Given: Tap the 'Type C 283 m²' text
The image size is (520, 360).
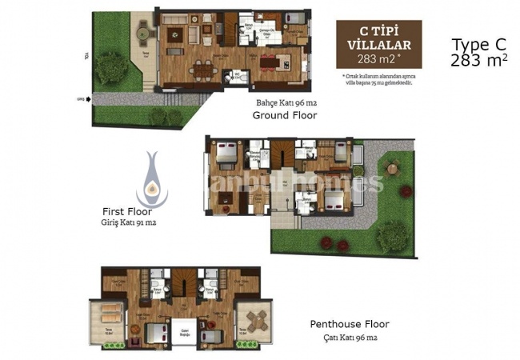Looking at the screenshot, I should click(x=478, y=52).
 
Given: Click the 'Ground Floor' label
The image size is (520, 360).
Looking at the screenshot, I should click(x=284, y=115).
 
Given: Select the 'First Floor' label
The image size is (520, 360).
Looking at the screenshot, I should click(x=126, y=211).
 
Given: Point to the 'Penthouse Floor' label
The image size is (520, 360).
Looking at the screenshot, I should click(x=350, y=324).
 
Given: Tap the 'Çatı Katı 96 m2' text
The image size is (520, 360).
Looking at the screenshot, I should click(x=350, y=337).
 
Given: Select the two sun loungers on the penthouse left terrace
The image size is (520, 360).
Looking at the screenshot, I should click(x=112, y=312).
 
